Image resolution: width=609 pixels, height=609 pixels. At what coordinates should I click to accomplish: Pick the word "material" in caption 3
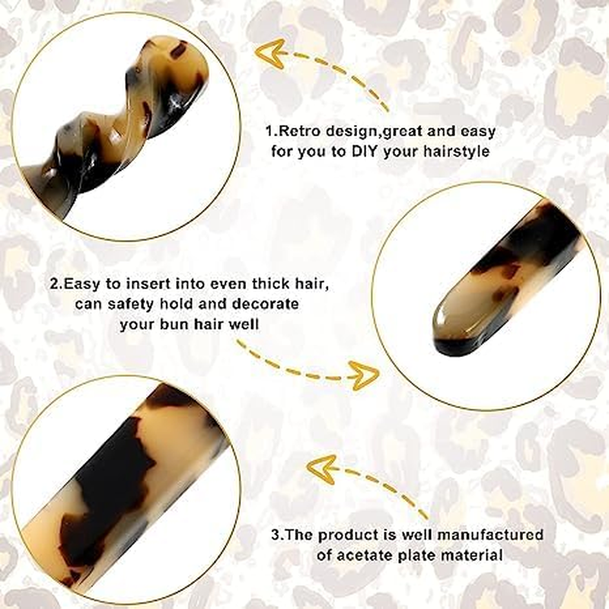point(472,555)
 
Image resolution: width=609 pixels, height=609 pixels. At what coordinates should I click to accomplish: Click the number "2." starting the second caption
point(56,284)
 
